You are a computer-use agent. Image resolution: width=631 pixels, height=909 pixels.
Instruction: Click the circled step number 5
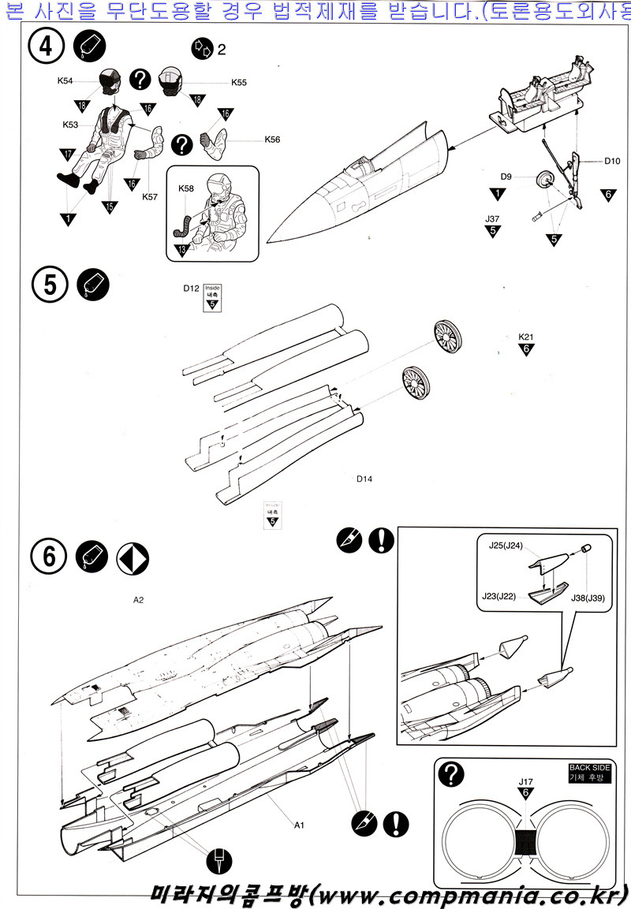click(x=50, y=285)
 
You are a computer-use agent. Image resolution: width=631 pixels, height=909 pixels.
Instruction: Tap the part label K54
click(x=66, y=80)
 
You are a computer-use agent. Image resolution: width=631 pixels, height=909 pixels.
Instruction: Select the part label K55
click(x=239, y=82)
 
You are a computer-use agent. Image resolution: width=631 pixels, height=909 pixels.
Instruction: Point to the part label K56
click(x=272, y=140)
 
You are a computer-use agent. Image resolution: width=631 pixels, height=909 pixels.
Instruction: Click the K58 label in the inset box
click(x=186, y=189)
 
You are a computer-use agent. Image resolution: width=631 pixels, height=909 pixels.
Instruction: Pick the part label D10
click(x=613, y=162)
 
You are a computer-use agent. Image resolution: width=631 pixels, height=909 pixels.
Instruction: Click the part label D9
click(x=507, y=177)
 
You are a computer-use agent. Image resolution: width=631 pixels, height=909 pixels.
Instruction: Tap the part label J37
click(x=493, y=218)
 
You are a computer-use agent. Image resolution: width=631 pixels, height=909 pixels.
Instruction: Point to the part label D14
click(x=364, y=479)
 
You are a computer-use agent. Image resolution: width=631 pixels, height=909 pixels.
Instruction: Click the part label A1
click(x=299, y=825)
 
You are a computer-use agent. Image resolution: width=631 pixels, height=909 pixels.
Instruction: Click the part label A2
click(x=139, y=599)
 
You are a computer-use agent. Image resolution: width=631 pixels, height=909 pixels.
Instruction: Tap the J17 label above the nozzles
click(x=525, y=782)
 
